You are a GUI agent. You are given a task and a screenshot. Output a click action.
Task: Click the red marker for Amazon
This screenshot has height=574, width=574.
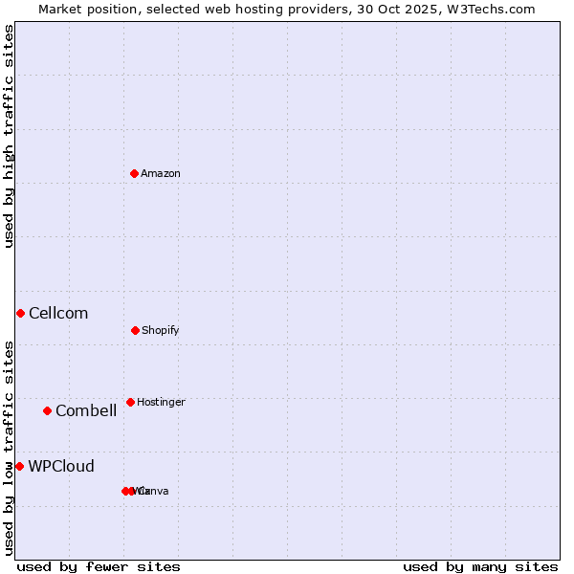click(x=134, y=173)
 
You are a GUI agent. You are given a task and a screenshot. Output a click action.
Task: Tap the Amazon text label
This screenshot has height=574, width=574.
click(x=161, y=173)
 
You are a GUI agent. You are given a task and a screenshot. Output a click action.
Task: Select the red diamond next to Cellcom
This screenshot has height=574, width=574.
click(x=20, y=313)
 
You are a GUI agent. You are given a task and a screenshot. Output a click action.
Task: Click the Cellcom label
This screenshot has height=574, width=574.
click(x=58, y=313)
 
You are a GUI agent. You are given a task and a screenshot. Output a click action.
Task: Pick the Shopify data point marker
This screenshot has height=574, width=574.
click(x=135, y=330)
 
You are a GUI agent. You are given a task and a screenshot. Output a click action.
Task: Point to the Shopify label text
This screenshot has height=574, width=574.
click(x=161, y=330)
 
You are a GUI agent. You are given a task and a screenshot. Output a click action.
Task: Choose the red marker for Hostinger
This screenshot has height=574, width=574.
click(x=130, y=402)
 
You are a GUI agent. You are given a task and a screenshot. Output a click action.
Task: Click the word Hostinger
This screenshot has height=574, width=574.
click(x=161, y=402)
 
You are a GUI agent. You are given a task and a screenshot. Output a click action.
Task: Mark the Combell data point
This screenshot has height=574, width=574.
click(x=47, y=410)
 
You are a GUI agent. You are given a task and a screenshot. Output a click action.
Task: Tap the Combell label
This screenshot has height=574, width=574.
click(x=86, y=410)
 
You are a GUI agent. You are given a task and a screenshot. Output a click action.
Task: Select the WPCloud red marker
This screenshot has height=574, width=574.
click(x=19, y=466)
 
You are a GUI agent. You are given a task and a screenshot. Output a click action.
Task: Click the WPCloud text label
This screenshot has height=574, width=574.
click(x=61, y=466)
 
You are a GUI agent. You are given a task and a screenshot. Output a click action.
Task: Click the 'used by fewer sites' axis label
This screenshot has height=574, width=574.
click(x=99, y=566)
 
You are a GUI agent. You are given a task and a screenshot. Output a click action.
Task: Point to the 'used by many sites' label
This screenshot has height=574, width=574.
click(x=480, y=566)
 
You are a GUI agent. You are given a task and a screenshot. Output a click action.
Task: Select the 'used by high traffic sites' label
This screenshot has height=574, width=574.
click(x=9, y=136)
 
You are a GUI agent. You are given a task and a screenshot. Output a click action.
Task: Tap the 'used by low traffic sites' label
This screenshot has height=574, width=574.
click(x=9, y=448)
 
